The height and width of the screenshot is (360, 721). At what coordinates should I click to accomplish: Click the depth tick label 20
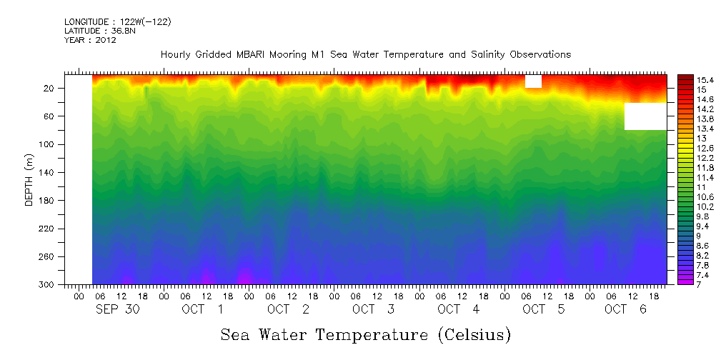click(x=49, y=88)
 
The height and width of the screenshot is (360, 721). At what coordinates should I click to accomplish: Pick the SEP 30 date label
click(x=118, y=309)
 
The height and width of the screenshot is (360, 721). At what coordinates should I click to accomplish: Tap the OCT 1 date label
click(x=203, y=309)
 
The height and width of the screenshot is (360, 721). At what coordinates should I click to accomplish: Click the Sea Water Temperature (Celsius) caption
click(x=365, y=334)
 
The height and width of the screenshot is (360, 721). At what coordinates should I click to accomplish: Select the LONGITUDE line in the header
click(x=117, y=21)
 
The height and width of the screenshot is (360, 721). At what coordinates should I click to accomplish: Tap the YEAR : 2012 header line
click(x=90, y=40)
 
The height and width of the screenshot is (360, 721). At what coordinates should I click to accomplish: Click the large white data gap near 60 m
click(x=645, y=116)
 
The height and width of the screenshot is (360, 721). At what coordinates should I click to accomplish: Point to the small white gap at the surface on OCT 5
click(x=533, y=81)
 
